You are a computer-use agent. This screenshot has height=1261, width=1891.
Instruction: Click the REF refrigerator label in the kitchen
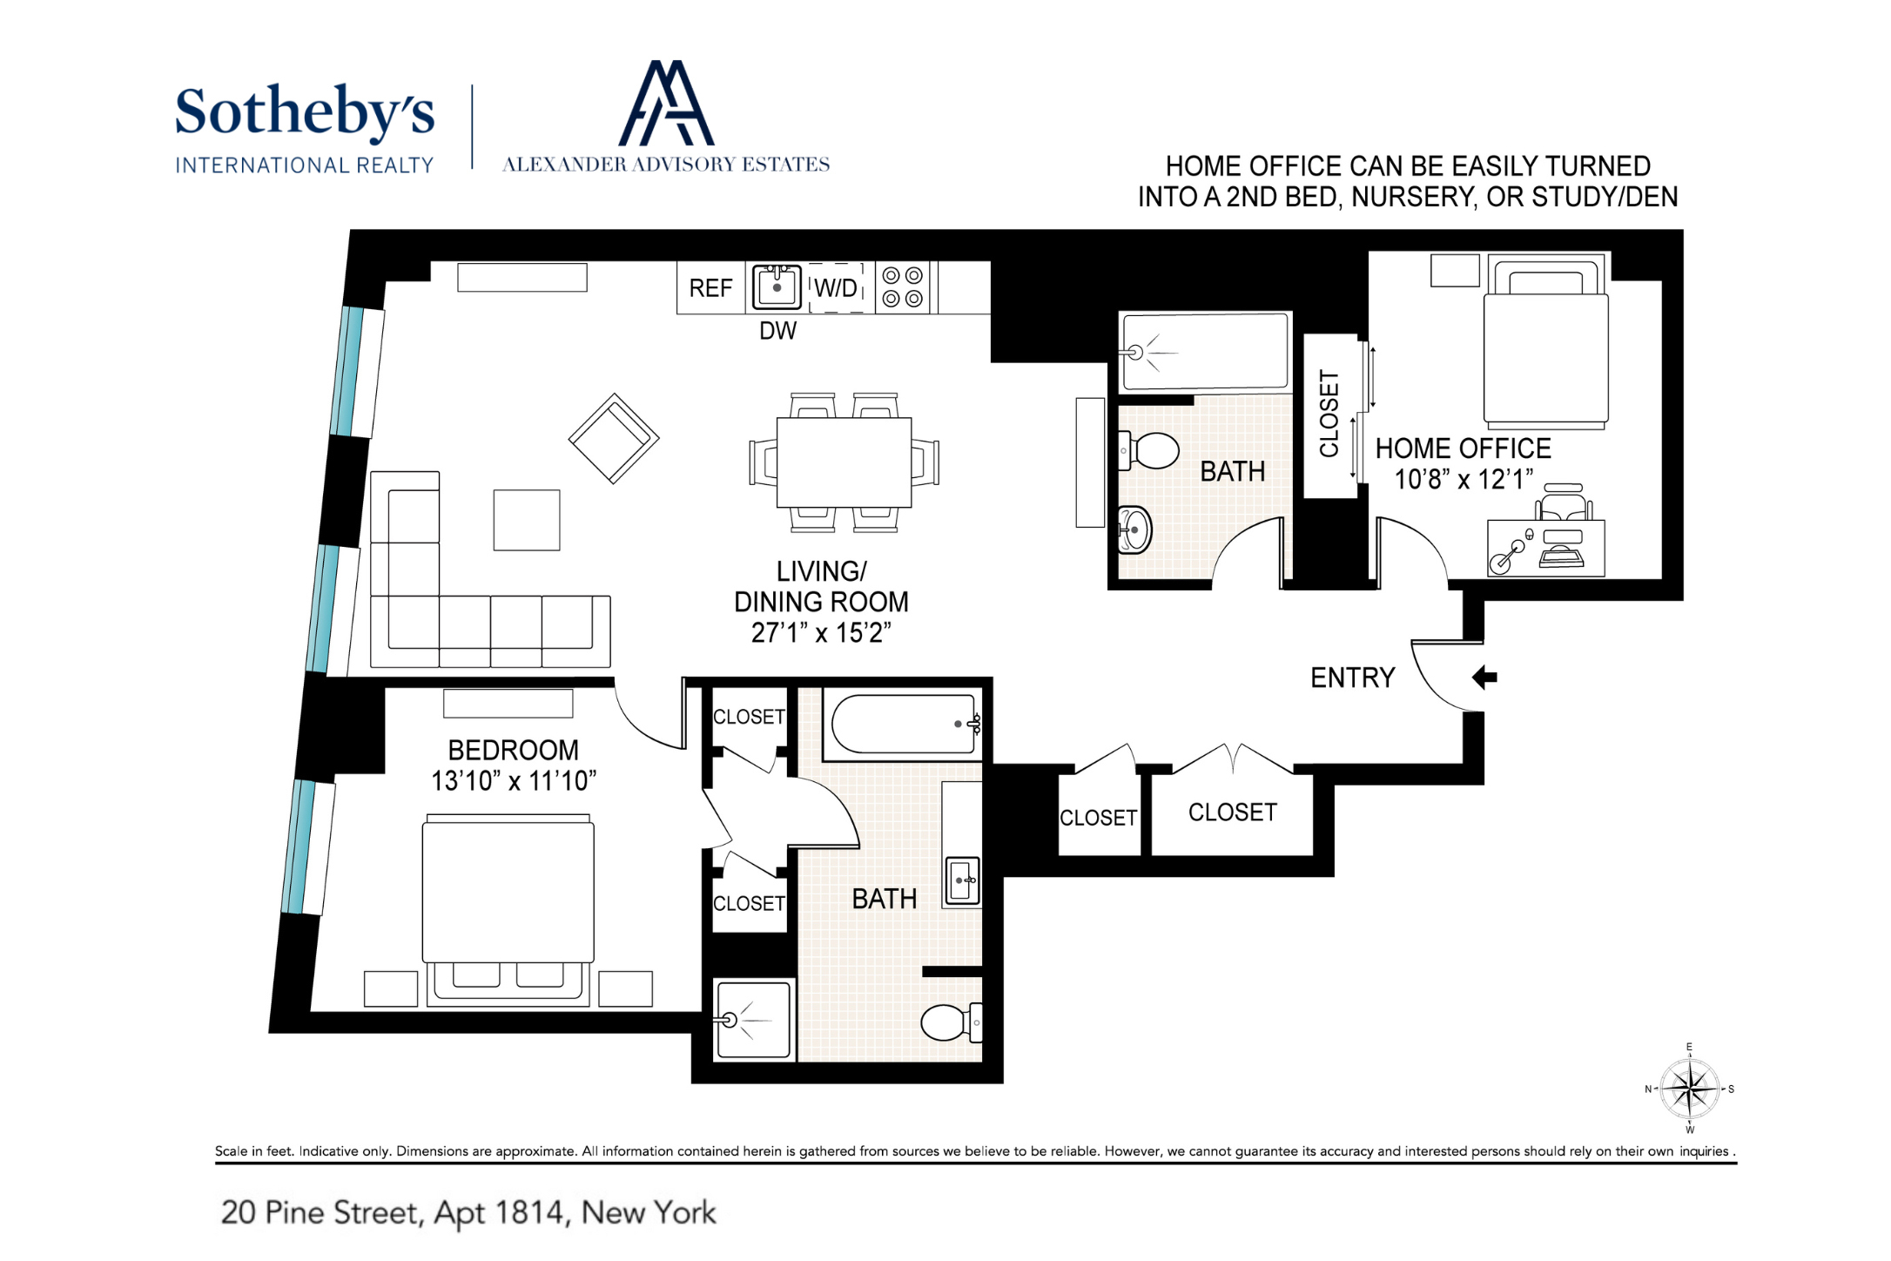click(710, 288)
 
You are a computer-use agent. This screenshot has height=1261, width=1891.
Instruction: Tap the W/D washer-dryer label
click(836, 288)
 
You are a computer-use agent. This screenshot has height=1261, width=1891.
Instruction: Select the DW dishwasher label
click(777, 331)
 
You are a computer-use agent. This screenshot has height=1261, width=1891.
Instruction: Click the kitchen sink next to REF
click(777, 287)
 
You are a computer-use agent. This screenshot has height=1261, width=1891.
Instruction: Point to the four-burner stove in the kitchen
click(902, 287)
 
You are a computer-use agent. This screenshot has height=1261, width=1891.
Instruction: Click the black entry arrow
click(1484, 677)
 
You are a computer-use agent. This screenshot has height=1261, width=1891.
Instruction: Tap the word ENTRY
click(1353, 678)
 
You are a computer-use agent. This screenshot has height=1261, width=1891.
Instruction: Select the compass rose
click(1689, 1089)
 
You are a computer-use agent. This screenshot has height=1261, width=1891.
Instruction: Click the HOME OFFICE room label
click(1463, 448)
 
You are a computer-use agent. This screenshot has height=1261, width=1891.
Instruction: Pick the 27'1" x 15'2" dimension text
click(821, 633)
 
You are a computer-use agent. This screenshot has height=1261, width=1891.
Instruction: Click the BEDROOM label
click(513, 750)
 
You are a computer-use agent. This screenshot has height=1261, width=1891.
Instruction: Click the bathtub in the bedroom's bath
click(904, 724)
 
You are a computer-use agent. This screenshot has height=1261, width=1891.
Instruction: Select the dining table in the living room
click(844, 462)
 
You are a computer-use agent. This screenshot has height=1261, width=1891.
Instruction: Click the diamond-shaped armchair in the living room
click(614, 438)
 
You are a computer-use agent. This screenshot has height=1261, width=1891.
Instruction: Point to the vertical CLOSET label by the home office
click(1329, 414)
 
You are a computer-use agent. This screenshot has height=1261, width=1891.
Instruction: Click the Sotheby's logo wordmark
click(304, 112)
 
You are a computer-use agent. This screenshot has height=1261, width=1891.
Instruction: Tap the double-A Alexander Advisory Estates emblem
click(666, 103)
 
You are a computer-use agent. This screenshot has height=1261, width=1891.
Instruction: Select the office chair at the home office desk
click(1565, 503)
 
